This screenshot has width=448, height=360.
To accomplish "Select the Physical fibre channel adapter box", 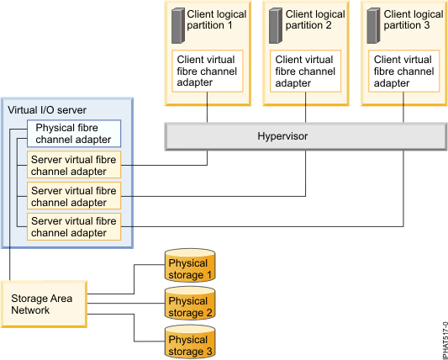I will tap(75, 134).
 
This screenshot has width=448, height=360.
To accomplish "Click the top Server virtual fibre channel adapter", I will tap(75, 163).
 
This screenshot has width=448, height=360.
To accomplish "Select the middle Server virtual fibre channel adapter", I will tap(75, 196).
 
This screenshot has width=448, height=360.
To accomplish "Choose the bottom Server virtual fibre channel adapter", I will tap(75, 226).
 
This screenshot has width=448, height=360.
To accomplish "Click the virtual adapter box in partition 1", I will tap(208, 71).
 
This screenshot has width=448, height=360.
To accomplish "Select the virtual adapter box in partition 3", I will tap(405, 71).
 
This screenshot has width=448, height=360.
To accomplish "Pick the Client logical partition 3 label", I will tap(414, 20).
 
